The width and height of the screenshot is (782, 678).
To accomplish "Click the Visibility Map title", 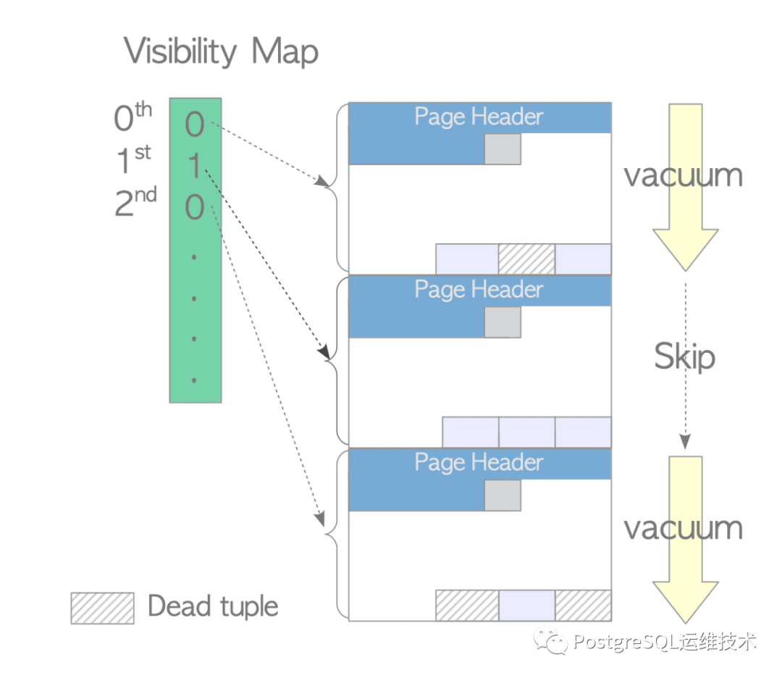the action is (221, 51).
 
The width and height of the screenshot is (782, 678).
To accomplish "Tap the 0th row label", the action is (133, 117).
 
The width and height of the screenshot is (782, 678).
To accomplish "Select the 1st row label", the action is (133, 159).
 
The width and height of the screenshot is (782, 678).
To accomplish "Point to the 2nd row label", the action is (135, 201).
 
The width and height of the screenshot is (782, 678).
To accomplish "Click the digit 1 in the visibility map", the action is (195, 166).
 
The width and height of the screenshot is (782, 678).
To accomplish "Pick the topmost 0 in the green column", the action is (195, 124).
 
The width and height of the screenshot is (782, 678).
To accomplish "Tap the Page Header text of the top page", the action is (479, 117).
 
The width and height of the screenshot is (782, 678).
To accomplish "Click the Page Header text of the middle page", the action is (479, 290).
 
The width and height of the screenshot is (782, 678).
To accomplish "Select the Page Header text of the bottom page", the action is (479, 463).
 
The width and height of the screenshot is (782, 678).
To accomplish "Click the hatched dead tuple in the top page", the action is (526, 259).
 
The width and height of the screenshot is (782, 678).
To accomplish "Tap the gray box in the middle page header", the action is (503, 322).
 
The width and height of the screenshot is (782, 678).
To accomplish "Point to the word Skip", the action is (685, 356).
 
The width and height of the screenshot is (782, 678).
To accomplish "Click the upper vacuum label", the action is (684, 175).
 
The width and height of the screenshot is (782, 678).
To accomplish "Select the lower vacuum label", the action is (684, 528).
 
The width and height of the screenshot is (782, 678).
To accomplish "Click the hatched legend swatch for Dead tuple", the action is (102, 608).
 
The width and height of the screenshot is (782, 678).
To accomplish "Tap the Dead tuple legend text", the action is (213, 607).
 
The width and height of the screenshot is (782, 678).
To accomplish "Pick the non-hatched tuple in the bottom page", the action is (526, 605).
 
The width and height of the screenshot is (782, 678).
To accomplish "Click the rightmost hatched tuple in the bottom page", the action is (583, 605).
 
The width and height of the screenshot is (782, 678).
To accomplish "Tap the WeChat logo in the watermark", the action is (550, 641).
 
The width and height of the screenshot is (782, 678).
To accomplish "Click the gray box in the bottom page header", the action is (503, 495).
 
